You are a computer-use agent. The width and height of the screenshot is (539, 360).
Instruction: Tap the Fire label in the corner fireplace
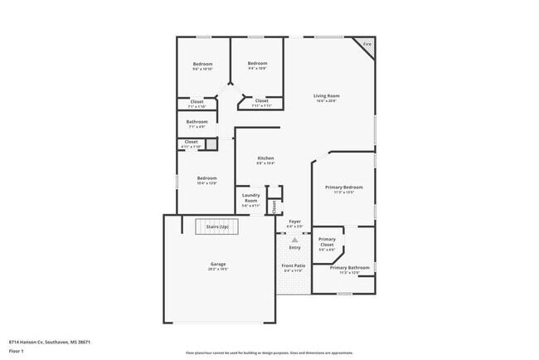click(x=367, y=43)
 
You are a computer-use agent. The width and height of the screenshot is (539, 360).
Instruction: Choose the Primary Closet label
click(x=327, y=242)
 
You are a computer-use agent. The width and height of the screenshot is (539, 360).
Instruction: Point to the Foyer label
click(x=294, y=222)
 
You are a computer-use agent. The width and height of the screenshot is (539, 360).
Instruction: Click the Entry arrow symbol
click(x=294, y=241)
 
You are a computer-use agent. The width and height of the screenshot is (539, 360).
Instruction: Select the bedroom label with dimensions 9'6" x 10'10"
click(x=202, y=66)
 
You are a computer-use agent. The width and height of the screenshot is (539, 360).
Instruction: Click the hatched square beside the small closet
click(x=212, y=144)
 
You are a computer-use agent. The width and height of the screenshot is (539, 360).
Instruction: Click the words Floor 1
click(x=17, y=352)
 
